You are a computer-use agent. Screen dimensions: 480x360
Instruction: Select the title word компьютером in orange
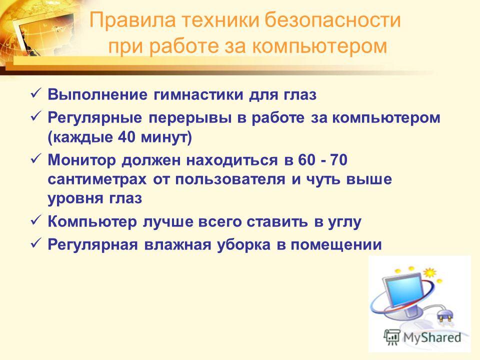[x=320, y=46]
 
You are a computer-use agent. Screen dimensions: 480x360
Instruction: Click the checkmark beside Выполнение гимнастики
[x=36, y=93]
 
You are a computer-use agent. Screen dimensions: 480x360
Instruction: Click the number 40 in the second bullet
[x=126, y=137]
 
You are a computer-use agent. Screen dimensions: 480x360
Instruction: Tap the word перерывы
[x=190, y=118]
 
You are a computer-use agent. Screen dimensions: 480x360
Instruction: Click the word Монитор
[x=81, y=160]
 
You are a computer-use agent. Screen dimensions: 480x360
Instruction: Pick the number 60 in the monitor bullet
[x=306, y=160]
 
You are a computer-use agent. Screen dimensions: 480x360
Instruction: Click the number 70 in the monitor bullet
[x=339, y=160]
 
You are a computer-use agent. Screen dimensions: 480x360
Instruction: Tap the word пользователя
[x=230, y=179]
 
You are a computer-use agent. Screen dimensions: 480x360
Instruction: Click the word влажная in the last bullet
[x=177, y=244]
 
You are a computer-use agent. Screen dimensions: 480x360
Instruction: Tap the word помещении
[x=336, y=245]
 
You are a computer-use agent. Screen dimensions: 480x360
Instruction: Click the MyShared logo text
[x=432, y=338]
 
